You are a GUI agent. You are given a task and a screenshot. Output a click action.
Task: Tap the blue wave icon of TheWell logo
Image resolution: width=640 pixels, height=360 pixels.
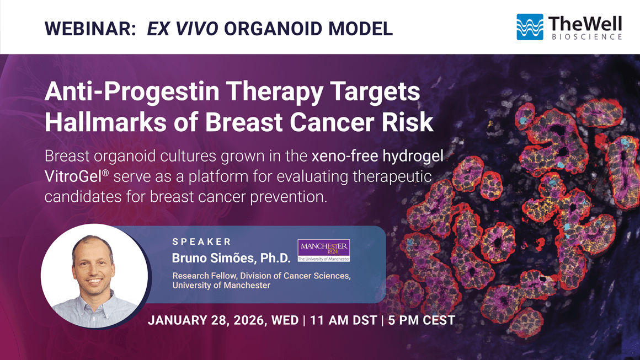tap(530, 27)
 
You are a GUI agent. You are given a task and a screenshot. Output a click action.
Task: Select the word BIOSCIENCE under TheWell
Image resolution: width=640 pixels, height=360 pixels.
tap(586, 37)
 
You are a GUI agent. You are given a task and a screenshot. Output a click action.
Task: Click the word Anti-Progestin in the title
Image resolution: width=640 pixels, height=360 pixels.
tap(132, 92)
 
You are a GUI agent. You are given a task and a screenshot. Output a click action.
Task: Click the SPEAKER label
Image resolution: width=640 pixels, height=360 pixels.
tap(201, 242)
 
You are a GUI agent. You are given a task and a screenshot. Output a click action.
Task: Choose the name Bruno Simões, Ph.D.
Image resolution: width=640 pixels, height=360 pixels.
tap(231, 257)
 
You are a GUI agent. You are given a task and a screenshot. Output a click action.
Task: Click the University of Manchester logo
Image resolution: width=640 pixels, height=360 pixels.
tap(324, 250)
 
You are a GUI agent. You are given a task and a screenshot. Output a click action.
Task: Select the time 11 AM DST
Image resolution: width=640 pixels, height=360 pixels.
tap(343, 320)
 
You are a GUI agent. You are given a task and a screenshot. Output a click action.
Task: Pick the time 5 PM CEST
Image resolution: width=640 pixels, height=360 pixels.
tap(422, 320)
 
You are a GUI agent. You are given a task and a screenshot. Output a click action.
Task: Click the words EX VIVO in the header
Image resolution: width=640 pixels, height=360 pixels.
tap(183, 29)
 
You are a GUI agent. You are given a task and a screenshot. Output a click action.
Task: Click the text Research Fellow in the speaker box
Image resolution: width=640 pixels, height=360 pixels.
tap(204, 276)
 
